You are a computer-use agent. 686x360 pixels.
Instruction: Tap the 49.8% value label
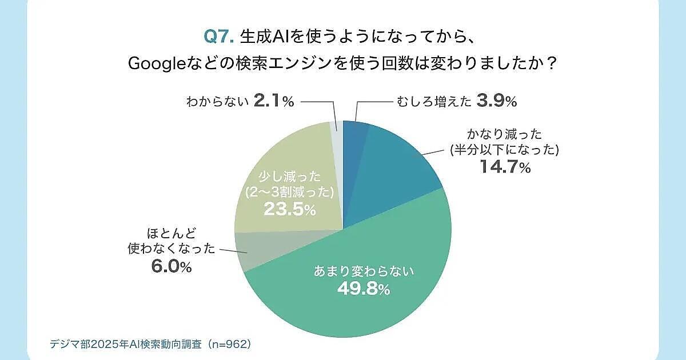(363, 289)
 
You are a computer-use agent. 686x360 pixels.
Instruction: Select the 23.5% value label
(289, 210)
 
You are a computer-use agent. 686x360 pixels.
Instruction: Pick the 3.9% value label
(496, 102)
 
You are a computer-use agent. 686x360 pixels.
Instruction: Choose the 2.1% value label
(273, 102)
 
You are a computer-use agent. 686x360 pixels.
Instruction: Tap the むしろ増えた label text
(434, 102)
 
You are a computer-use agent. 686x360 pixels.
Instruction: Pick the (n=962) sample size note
(230, 345)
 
